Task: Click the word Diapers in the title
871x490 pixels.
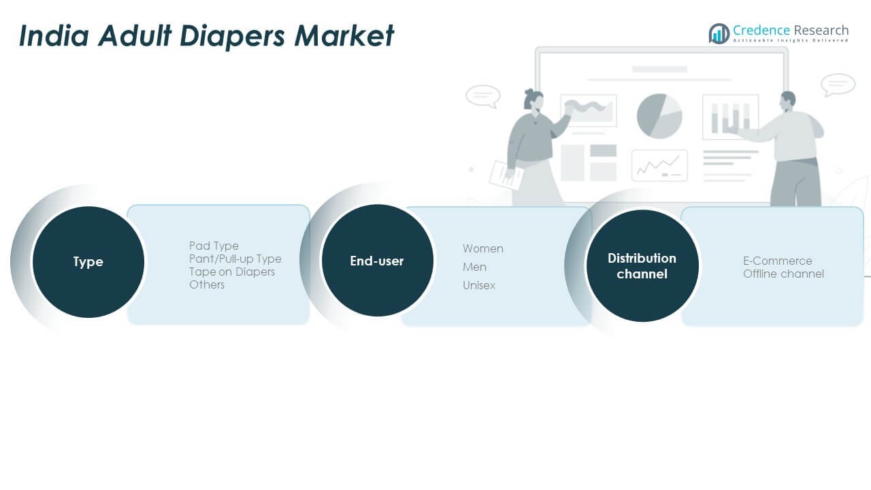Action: click(x=232, y=36)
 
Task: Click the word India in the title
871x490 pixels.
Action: click(x=54, y=35)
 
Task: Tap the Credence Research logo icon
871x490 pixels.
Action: click(x=719, y=33)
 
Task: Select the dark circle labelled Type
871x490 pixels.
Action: click(x=88, y=262)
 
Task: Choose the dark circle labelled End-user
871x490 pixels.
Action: click(x=377, y=261)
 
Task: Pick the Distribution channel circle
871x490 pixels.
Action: click(x=642, y=266)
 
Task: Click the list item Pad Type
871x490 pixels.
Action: click(x=214, y=246)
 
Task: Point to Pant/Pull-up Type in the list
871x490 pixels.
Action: click(x=235, y=259)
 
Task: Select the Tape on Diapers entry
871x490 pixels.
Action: click(x=232, y=272)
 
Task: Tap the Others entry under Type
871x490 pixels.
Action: click(x=207, y=284)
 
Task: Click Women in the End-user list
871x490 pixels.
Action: click(x=483, y=248)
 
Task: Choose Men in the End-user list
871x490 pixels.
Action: click(x=474, y=267)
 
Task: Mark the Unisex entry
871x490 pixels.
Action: click(x=479, y=285)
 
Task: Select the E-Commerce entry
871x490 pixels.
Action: click(x=778, y=261)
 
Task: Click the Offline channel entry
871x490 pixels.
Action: click(x=783, y=274)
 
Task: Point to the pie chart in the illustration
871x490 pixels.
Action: click(x=659, y=116)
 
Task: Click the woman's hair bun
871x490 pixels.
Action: click(x=529, y=93)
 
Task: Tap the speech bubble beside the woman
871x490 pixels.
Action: click(x=483, y=96)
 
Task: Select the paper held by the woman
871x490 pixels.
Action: click(x=506, y=176)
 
